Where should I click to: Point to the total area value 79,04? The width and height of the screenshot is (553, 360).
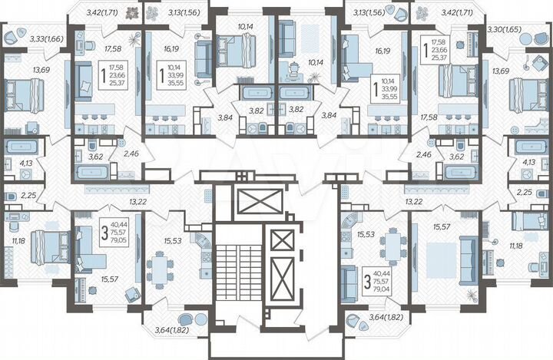point(382,289)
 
